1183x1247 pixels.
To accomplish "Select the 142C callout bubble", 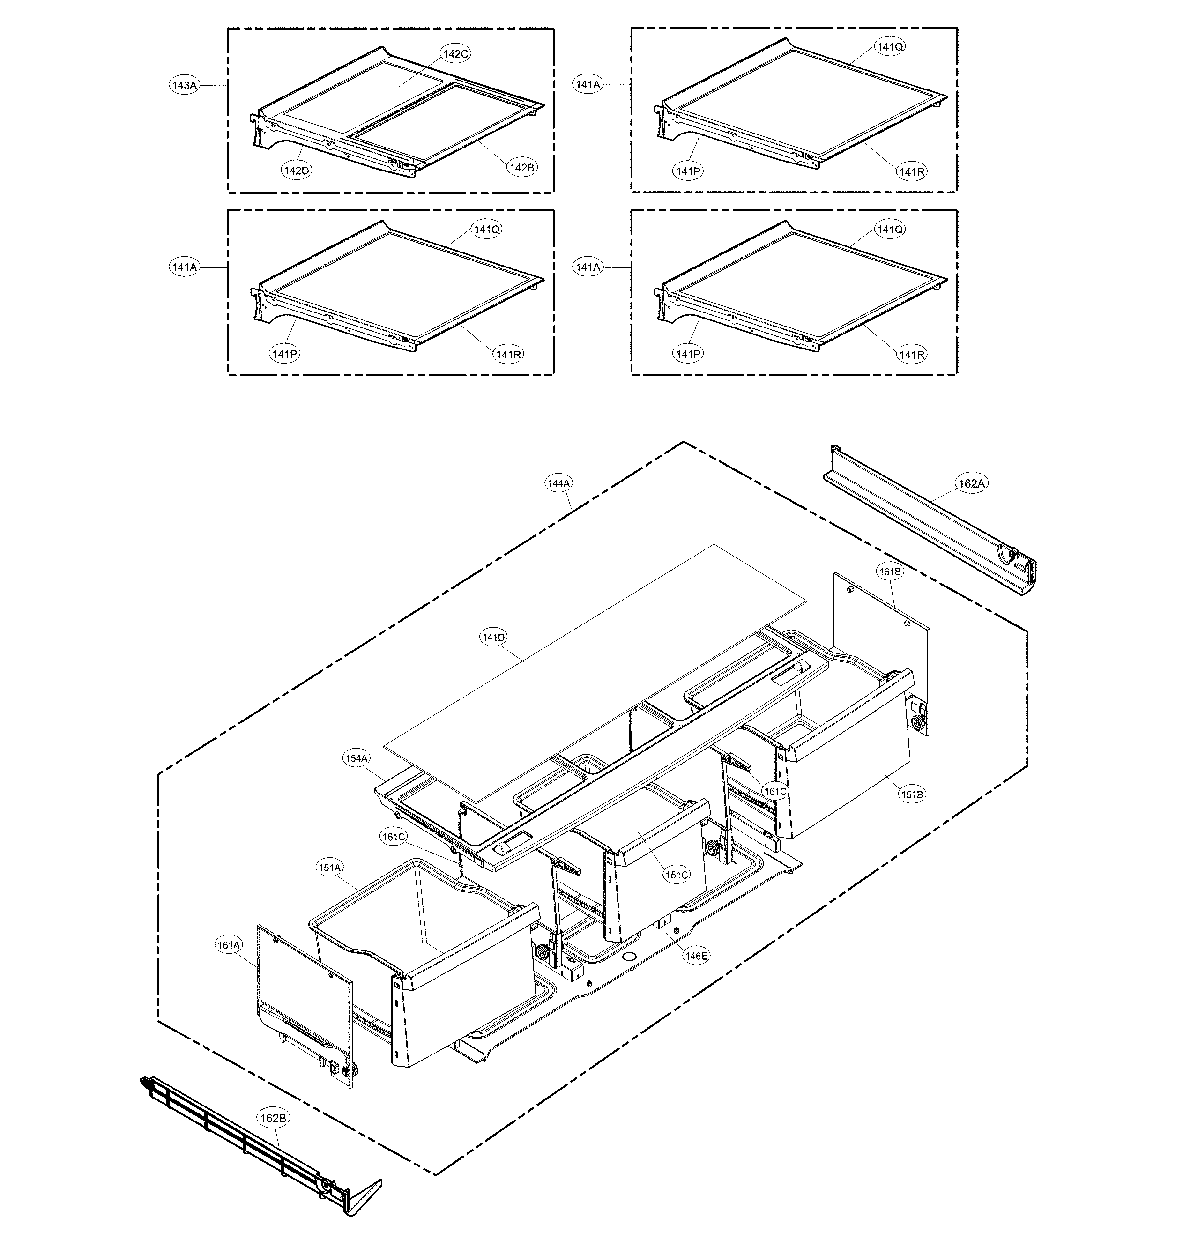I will [455, 53].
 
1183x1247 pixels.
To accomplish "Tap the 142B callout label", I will [522, 168].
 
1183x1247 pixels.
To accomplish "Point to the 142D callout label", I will [297, 170].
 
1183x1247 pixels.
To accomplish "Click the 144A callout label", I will [559, 483].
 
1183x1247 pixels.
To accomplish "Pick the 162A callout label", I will [972, 483].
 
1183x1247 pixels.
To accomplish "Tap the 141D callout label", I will [494, 638].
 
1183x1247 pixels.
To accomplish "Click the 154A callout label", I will [356, 758].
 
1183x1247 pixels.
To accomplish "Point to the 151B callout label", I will [912, 794].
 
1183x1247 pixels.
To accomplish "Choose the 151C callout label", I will [677, 875].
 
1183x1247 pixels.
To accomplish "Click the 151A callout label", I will [330, 868].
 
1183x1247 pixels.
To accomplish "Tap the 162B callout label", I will [273, 1118].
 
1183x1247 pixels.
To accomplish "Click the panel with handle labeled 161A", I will [303, 1009].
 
